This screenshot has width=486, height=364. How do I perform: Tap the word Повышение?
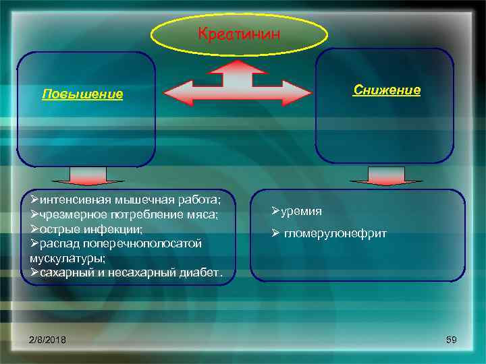point(82,94)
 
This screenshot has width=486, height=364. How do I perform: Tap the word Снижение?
point(387,90)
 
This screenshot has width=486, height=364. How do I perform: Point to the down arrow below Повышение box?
point(86,177)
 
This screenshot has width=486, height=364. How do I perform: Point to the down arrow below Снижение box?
point(385,176)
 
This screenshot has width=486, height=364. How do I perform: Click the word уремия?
point(302,211)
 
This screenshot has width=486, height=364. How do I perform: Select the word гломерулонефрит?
point(335,233)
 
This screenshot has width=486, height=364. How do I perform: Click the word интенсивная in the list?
point(75,200)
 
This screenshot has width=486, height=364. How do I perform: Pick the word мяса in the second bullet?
point(205,214)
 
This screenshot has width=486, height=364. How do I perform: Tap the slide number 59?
point(452,340)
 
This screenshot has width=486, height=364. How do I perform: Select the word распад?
point(59,243)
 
